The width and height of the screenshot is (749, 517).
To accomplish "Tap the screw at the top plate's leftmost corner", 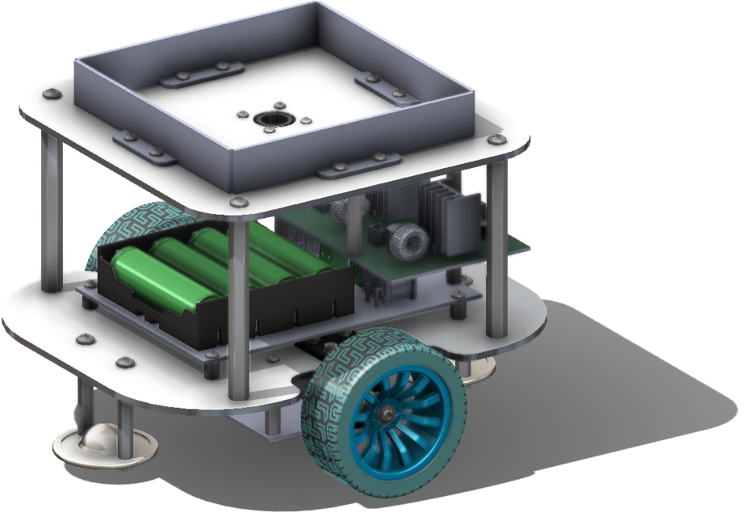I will click(51, 94).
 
